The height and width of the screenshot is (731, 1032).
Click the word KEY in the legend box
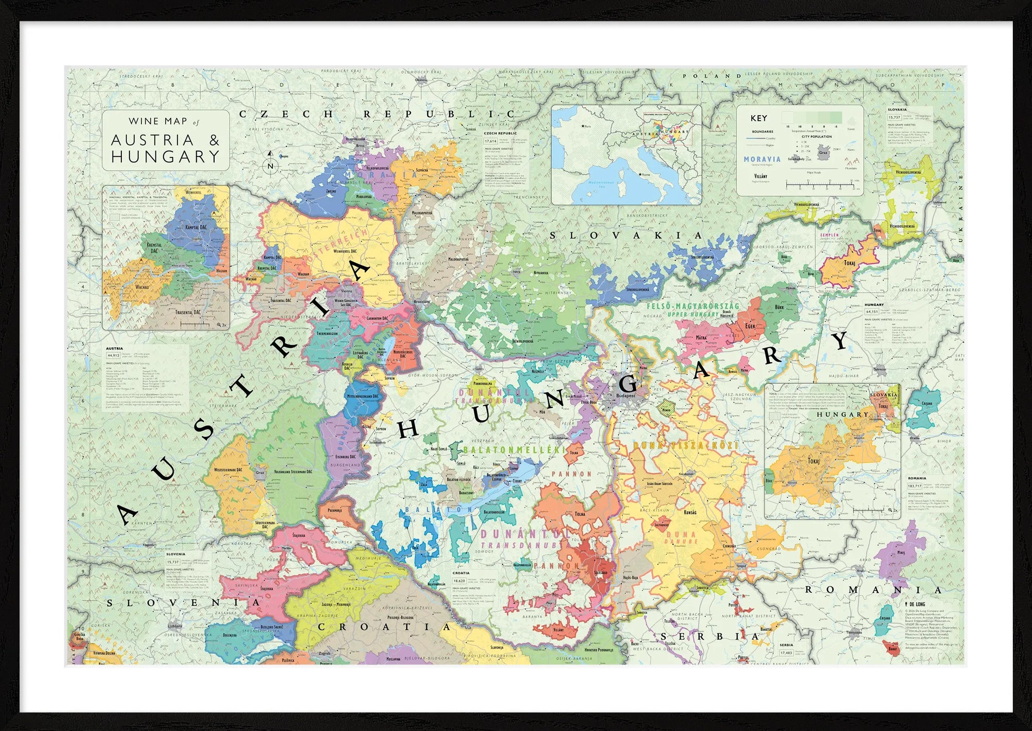(x=759, y=118)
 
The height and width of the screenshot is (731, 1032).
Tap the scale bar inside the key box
(x=823, y=184)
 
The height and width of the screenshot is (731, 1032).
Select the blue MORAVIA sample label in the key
(x=762, y=159)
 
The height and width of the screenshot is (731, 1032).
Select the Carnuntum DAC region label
(x=377, y=318)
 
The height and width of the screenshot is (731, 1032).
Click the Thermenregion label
(x=328, y=334)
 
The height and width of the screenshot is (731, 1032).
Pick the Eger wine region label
(x=750, y=326)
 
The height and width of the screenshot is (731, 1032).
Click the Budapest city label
(x=625, y=396)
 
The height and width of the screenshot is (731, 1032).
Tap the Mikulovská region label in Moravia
(x=364, y=197)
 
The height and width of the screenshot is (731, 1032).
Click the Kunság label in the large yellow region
(x=690, y=512)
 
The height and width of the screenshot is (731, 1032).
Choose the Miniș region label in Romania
(x=900, y=553)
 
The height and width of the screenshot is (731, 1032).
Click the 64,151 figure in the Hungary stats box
(x=872, y=312)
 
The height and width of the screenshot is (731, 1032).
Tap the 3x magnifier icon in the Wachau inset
(x=222, y=325)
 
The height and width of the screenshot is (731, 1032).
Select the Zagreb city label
(x=325, y=653)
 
